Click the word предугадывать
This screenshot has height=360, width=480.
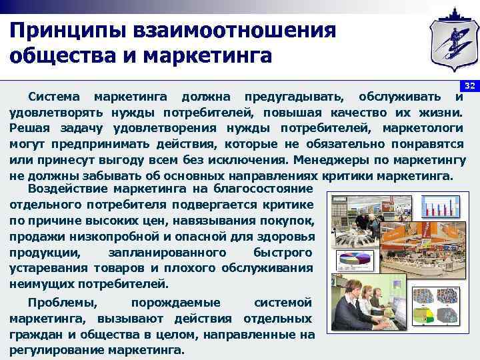293,97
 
